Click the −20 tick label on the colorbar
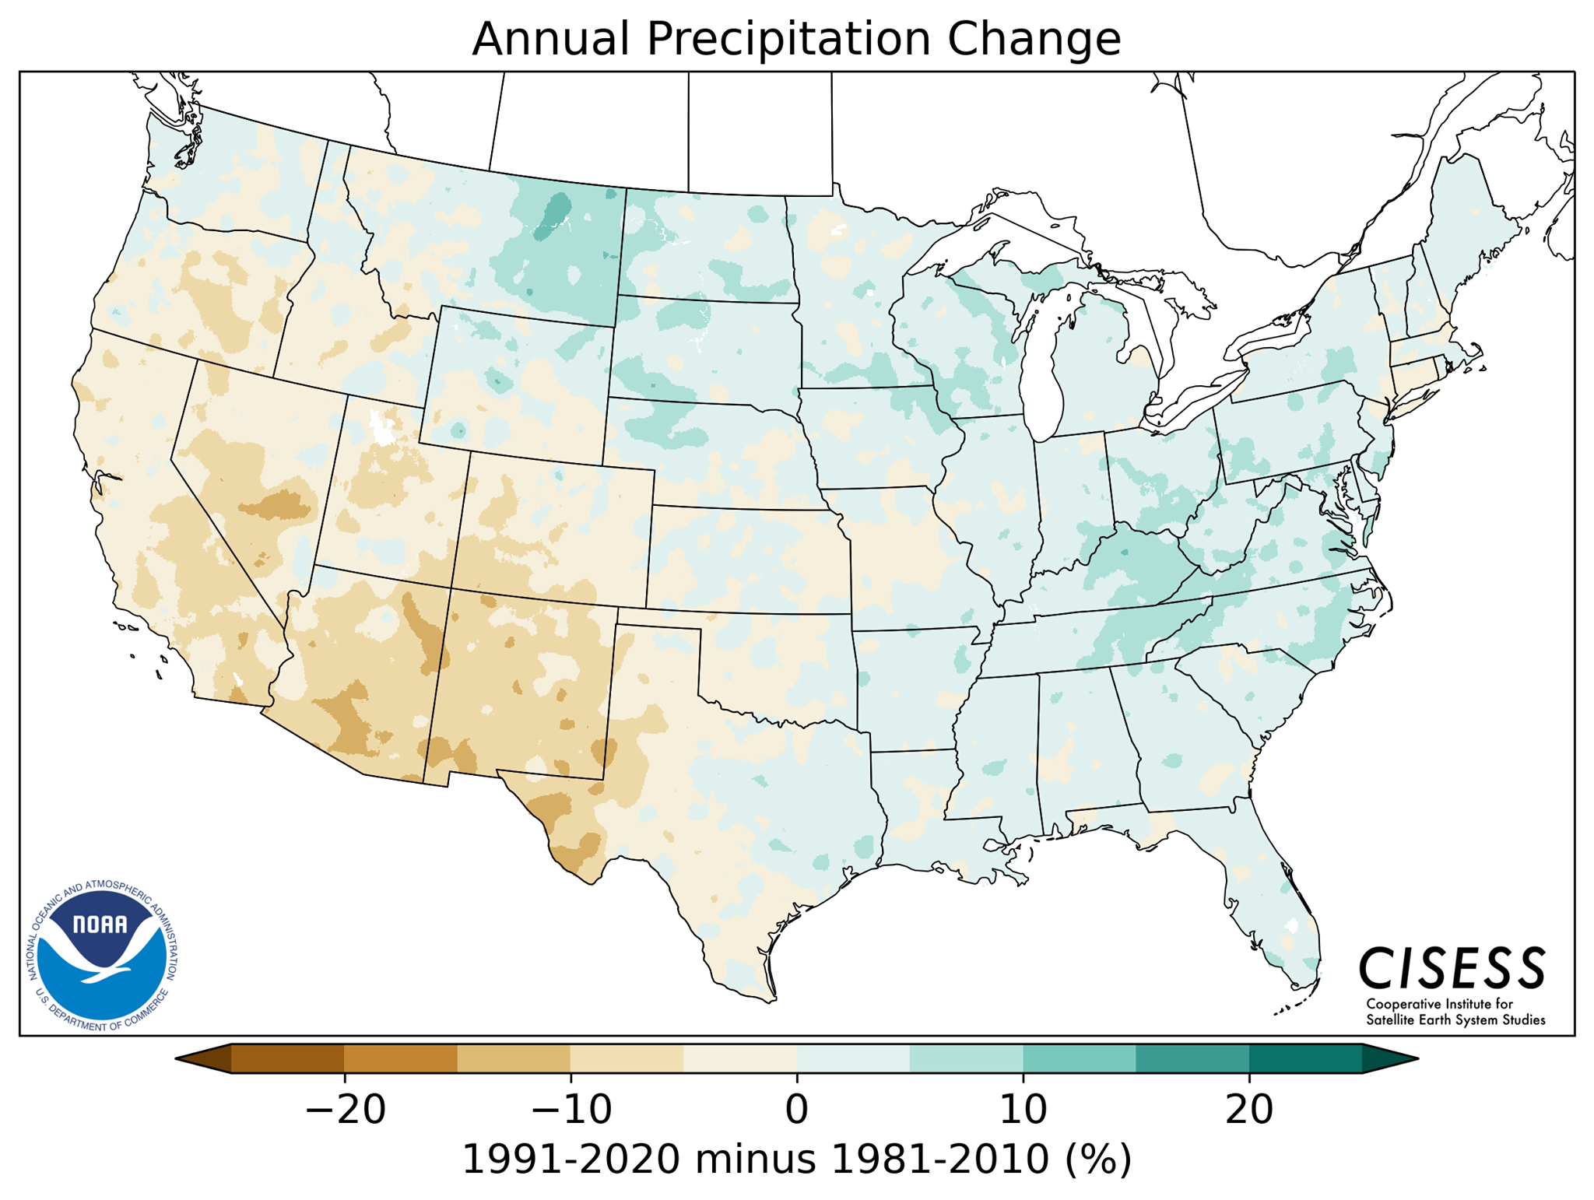click(345, 1109)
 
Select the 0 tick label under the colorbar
click(796, 1109)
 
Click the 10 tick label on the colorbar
click(1022, 1109)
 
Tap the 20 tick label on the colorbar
click(1248, 1109)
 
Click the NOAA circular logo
click(102, 956)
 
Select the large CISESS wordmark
click(1451, 969)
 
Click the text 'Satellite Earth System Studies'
click(1455, 1020)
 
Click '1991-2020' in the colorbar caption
click(571, 1160)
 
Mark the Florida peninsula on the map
click(1276, 911)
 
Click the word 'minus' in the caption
click(756, 1160)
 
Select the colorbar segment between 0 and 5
click(853, 1058)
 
